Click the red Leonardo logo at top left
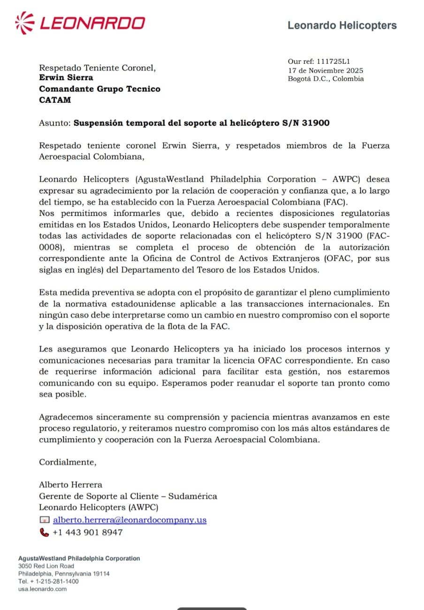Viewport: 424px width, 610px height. pyautogui.click(x=80, y=22)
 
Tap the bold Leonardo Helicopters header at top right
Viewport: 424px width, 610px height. pyautogui.click(x=342, y=25)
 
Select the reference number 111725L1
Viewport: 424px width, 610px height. pyautogui.click(x=333, y=62)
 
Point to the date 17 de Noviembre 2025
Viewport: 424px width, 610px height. pyautogui.click(x=325, y=70)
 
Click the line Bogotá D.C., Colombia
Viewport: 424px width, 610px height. pyautogui.click(x=326, y=79)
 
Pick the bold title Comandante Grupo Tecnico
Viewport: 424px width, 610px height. pyautogui.click(x=99, y=89)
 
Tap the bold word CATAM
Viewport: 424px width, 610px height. pyautogui.click(x=55, y=100)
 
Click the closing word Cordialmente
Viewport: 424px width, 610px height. pyautogui.click(x=67, y=462)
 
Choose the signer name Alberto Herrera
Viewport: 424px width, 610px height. pyautogui.click(x=70, y=485)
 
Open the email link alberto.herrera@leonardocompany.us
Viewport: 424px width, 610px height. pyautogui.click(x=130, y=520)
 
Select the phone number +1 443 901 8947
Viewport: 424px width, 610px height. pyautogui.click(x=88, y=532)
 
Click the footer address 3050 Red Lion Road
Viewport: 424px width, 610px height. pyautogui.click(x=46, y=566)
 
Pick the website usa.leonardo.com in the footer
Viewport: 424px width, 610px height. pyautogui.click(x=42, y=589)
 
